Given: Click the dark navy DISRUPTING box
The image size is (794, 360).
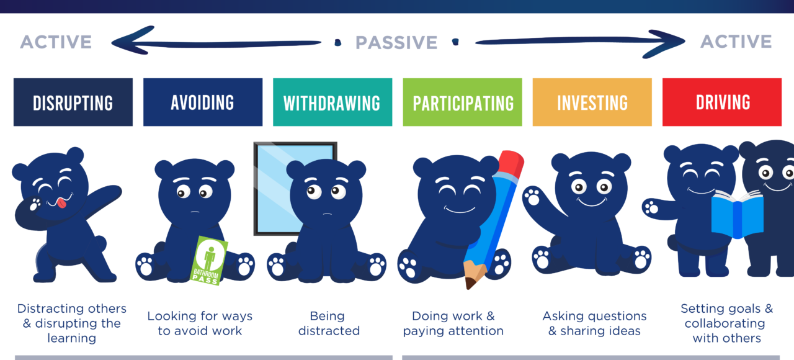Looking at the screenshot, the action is click(73, 102).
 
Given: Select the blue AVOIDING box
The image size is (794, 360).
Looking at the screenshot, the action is click(203, 102).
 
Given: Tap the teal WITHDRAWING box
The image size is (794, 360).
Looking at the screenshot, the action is click(332, 102).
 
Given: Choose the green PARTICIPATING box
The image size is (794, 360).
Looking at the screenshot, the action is click(462, 102).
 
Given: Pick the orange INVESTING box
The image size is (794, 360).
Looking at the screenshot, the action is click(592, 102).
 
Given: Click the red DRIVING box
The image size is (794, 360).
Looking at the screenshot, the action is click(721, 102).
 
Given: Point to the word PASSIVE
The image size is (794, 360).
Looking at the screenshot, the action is click(396, 43).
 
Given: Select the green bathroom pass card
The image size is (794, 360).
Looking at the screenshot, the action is click(209, 261).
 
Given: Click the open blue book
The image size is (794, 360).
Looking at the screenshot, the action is click(738, 215).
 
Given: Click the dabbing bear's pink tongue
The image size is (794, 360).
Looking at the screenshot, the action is click(61, 203).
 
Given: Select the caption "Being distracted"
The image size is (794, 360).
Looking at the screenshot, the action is click(329, 323).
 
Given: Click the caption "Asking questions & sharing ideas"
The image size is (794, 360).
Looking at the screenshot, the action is click(594, 323).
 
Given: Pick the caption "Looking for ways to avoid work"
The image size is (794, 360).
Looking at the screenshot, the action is click(200, 323).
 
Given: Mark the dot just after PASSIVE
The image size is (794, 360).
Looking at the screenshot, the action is click(455, 42).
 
